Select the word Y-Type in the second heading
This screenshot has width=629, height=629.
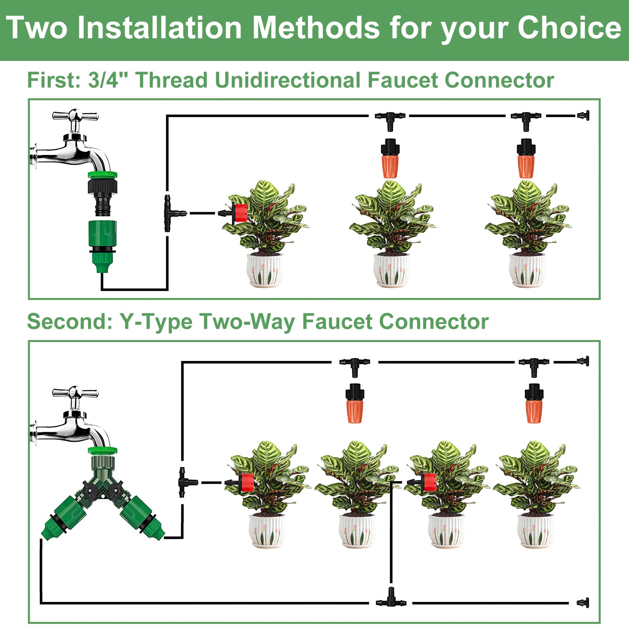click(x=156, y=322)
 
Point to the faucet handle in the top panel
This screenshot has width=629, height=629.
click(x=75, y=116)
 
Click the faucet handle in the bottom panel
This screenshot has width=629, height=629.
click(x=75, y=393)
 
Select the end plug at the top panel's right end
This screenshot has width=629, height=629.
click(x=583, y=116)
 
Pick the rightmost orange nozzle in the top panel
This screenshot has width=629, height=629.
click(x=526, y=158)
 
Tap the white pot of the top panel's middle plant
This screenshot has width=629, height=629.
click(x=392, y=270)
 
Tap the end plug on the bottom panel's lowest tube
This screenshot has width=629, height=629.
click(x=583, y=603)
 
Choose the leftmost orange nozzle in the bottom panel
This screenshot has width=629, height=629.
click(x=355, y=403)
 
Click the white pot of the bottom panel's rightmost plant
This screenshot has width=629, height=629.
click(x=535, y=530)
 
